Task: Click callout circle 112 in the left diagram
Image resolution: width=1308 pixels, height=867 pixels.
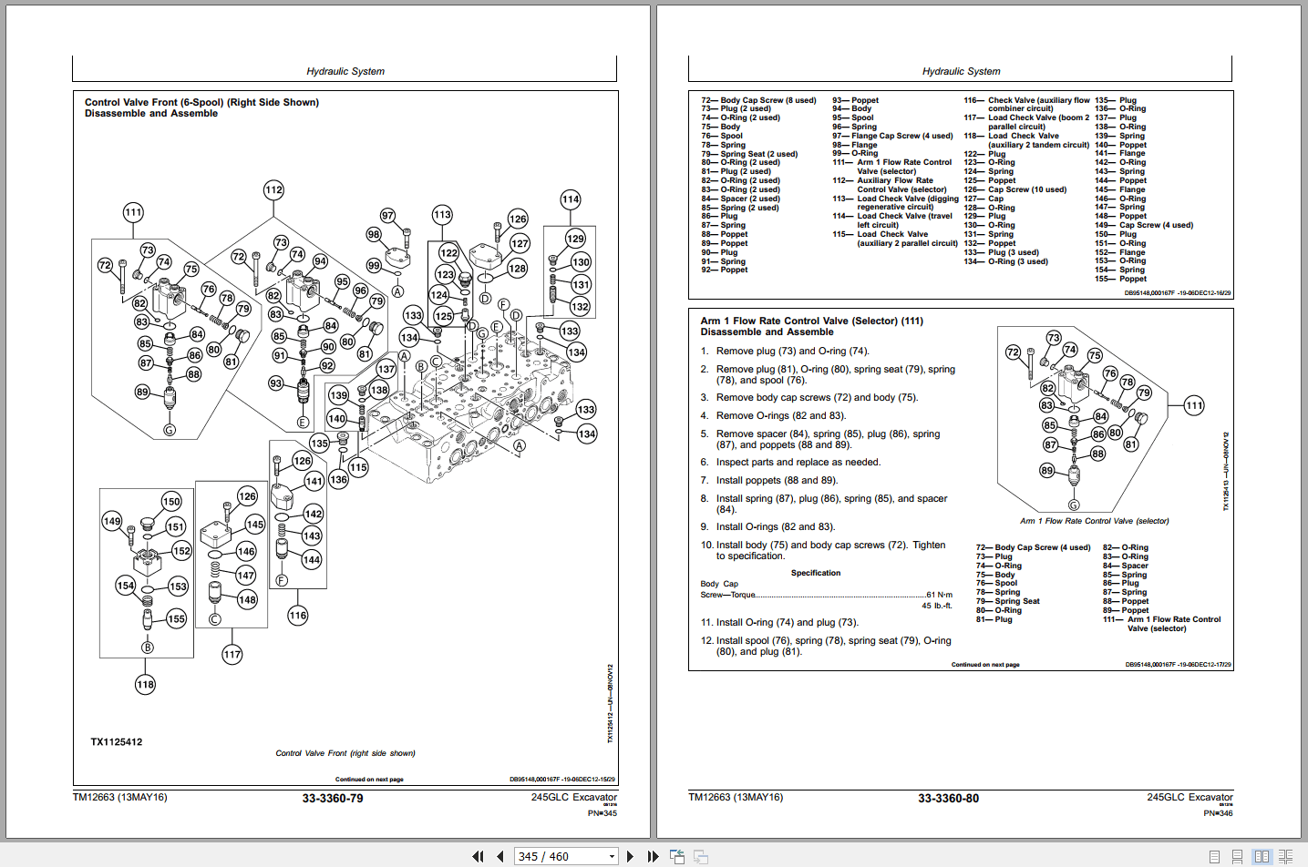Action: (273, 190)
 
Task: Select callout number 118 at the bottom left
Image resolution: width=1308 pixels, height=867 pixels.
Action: (145, 685)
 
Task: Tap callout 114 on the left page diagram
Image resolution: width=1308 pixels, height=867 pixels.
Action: (571, 199)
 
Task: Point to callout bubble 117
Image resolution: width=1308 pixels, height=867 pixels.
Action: (232, 654)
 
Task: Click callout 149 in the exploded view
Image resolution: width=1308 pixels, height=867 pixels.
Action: (112, 521)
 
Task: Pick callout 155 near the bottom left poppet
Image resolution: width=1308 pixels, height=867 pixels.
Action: (176, 619)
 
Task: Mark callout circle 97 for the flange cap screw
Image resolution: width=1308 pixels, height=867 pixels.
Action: (388, 216)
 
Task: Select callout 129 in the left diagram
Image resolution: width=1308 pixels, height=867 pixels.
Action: (575, 239)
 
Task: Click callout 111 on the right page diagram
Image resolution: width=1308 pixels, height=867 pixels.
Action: (1194, 405)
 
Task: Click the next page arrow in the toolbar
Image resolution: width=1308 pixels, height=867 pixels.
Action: (630, 856)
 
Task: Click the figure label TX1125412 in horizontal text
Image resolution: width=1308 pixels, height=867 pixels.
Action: (117, 742)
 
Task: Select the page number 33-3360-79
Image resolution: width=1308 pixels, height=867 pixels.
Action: (333, 799)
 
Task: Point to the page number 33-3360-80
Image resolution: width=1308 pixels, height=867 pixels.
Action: (948, 799)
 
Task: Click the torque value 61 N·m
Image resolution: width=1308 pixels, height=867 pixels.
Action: (939, 595)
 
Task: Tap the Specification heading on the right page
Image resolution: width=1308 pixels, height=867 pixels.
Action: (816, 573)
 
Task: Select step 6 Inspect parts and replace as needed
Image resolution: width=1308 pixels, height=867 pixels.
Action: (798, 463)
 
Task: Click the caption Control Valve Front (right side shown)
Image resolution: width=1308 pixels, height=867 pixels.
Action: (345, 753)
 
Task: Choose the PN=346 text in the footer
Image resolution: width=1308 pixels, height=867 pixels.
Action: (1218, 813)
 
